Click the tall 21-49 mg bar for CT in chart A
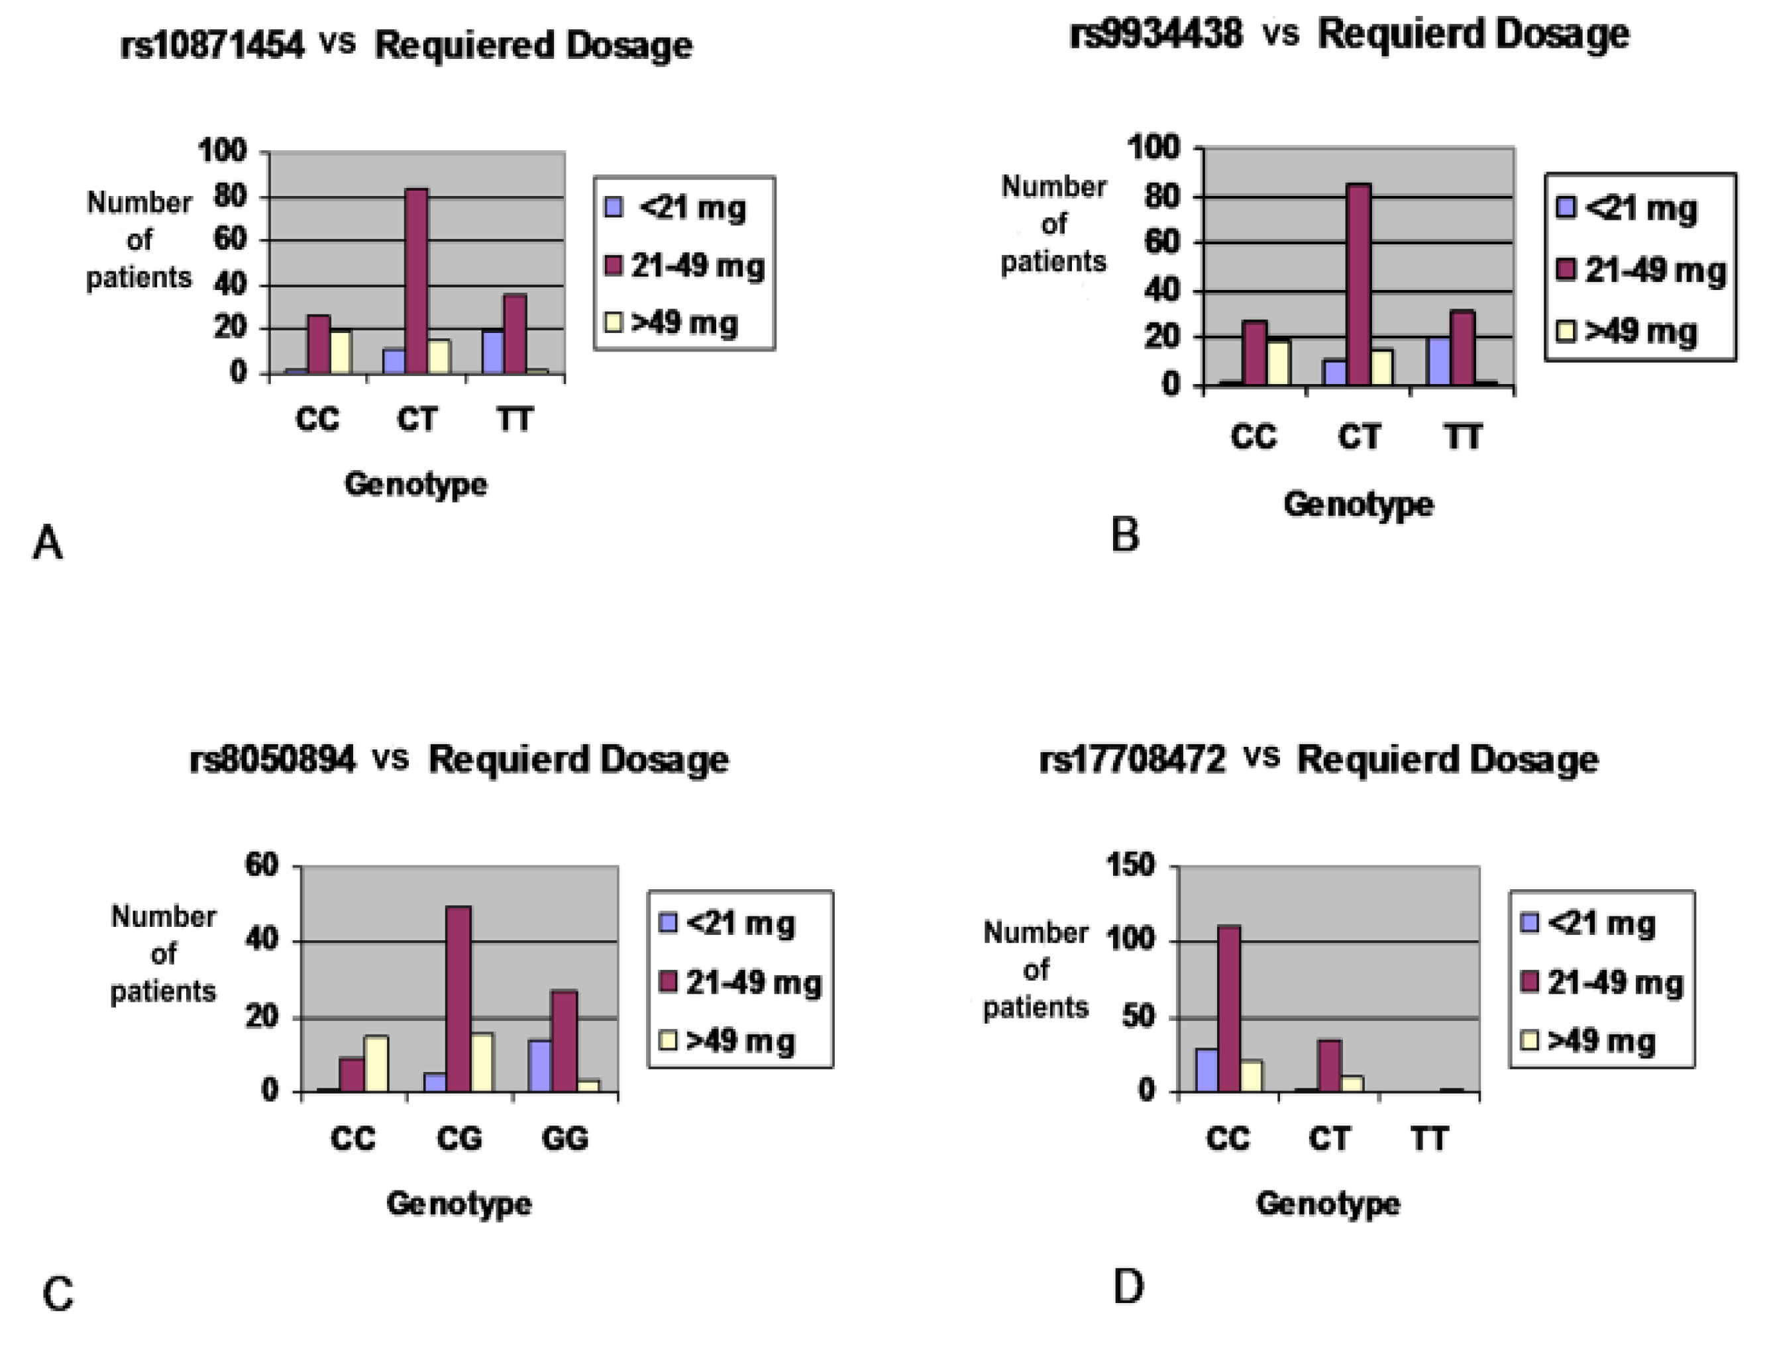[x=416, y=282]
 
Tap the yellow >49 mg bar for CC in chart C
[x=376, y=1064]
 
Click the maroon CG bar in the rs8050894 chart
[x=458, y=999]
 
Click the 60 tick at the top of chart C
[x=262, y=865]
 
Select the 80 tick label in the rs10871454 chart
[x=230, y=196]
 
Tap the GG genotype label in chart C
[x=564, y=1139]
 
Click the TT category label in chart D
[x=1428, y=1139]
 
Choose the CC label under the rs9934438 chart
[x=1253, y=437]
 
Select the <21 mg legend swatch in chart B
[x=1566, y=208]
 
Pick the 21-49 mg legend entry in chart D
[x=1614, y=983]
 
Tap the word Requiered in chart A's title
[x=464, y=45]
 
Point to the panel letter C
[x=57, y=1295]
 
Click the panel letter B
[x=1125, y=534]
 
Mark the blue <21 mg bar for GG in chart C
[x=540, y=1065]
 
